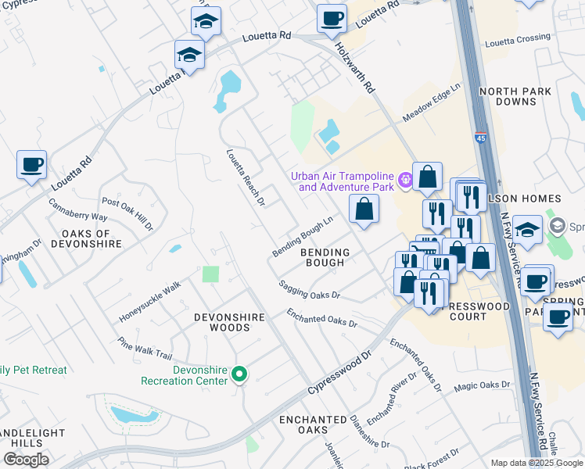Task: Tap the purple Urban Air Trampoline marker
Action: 405,181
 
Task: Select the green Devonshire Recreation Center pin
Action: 241,375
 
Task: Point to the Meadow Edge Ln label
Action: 432,104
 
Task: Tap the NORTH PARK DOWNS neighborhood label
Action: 515,97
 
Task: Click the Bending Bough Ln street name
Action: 303,237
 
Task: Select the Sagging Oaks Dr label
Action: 310,290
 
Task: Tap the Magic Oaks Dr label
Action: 481,385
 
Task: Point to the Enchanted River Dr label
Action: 392,399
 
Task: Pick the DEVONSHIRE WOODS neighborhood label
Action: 222,321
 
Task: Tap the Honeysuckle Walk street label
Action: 150,303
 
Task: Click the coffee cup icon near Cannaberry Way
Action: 31,165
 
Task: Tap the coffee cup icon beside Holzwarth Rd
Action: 332,17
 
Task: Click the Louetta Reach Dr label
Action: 246,177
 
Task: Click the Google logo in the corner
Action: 26,460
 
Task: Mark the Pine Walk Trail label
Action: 145,349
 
